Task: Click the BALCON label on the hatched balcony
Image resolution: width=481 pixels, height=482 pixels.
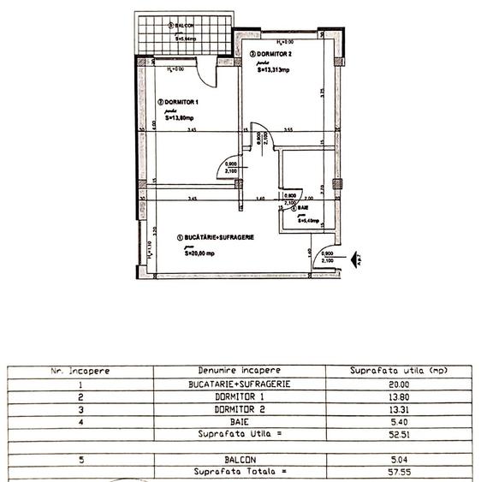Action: click(183, 26)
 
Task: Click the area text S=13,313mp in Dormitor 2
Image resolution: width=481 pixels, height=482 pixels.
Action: click(275, 70)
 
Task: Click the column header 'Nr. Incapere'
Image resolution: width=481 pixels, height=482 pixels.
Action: click(79, 371)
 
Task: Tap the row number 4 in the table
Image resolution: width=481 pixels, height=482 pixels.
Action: click(79, 421)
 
